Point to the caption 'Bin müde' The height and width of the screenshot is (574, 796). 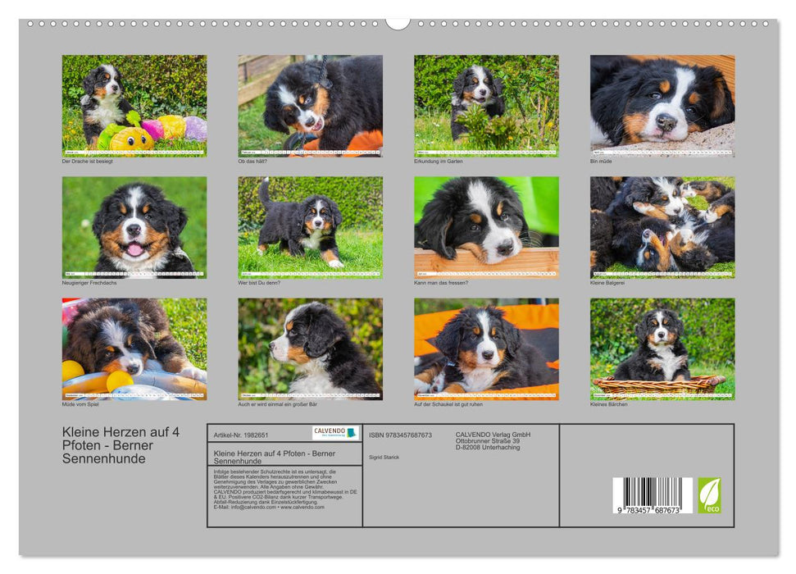[601, 161]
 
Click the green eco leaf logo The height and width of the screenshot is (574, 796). [709, 495]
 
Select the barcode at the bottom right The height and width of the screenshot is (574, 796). [653, 494]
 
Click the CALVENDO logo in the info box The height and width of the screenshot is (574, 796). [335, 432]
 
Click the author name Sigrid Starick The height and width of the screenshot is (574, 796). [384, 457]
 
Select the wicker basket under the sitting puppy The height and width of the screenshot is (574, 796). [659, 384]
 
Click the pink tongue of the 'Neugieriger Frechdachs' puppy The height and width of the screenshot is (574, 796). [134, 248]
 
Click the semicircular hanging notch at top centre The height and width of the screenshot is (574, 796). [398, 24]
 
